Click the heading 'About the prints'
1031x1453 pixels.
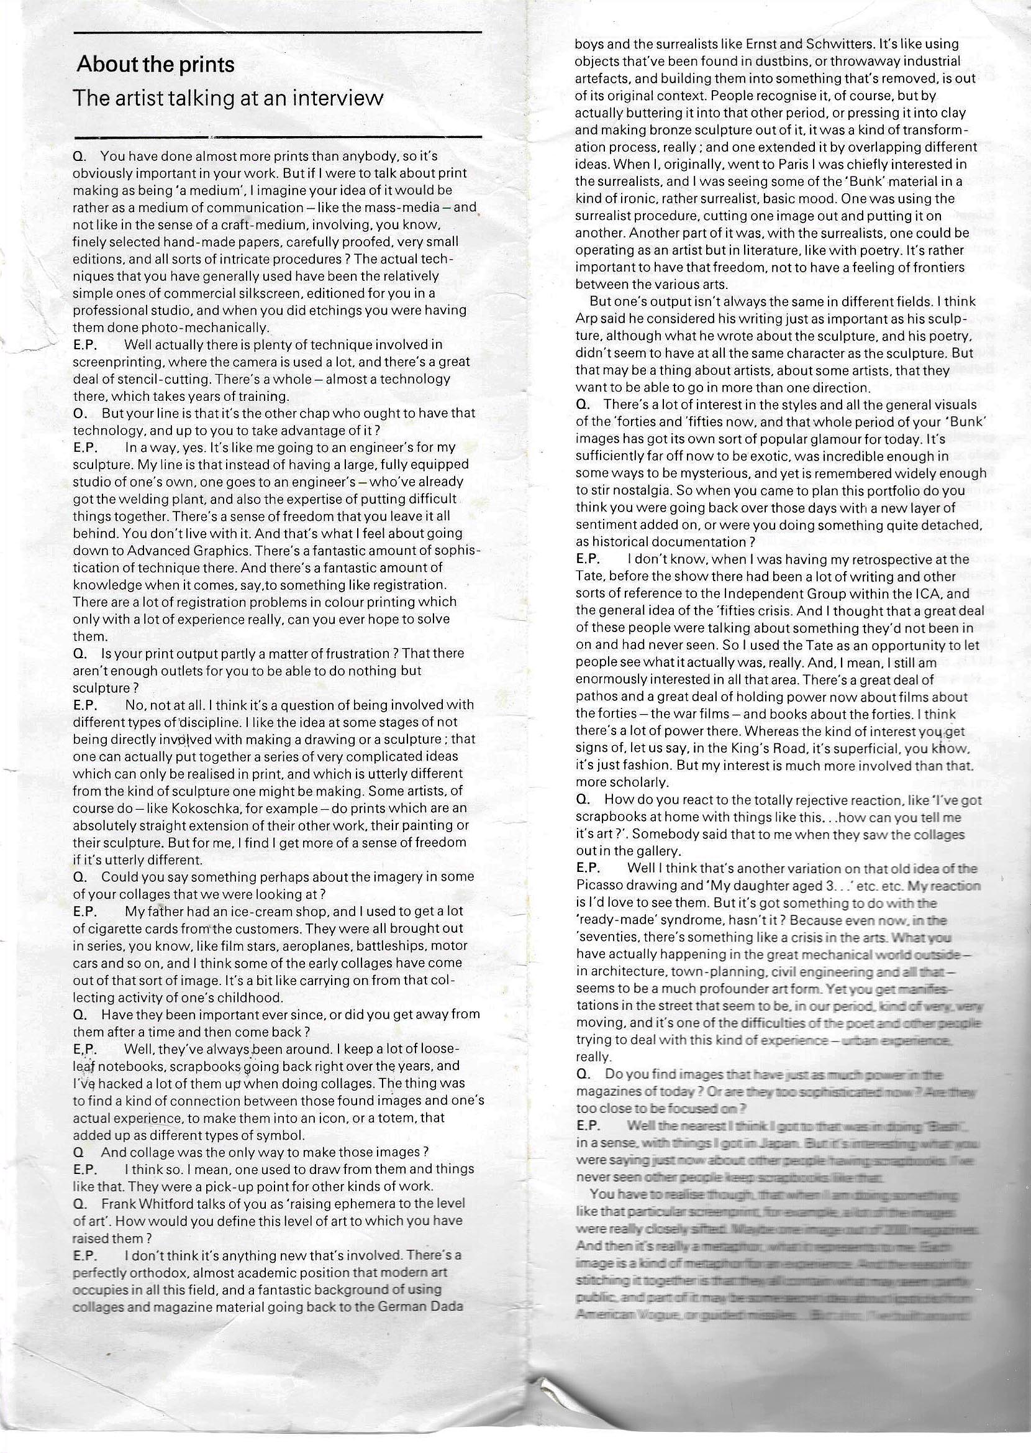155,65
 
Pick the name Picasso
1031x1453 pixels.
602,885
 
